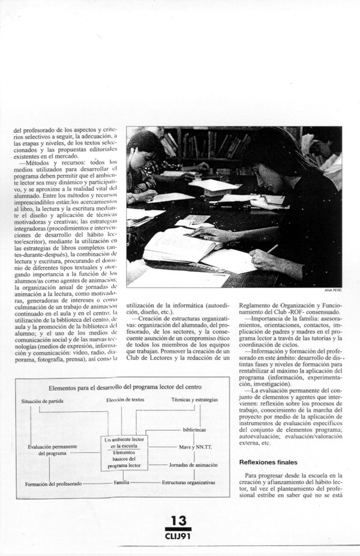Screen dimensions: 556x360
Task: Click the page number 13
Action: click(x=179, y=520)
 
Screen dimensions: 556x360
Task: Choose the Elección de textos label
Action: click(x=125, y=400)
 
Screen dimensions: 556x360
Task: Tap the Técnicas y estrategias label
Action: click(x=194, y=400)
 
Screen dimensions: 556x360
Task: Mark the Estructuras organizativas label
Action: click(x=188, y=482)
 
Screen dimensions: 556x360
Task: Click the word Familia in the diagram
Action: click(x=118, y=482)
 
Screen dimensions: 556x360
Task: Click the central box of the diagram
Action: click(x=127, y=452)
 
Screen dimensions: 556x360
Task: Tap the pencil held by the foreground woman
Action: click(x=271, y=247)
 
